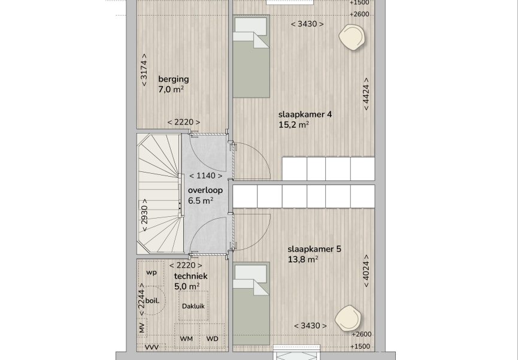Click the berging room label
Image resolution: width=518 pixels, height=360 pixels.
174,79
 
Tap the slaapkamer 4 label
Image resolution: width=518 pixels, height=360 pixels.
305,114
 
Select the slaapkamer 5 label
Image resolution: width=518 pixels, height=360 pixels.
314,249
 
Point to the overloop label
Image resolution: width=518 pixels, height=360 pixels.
205,190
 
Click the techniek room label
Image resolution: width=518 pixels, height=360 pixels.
190,276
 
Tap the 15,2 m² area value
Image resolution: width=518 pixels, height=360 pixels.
293,125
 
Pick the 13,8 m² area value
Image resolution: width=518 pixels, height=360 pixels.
303,259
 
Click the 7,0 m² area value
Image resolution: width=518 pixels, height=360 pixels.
171,90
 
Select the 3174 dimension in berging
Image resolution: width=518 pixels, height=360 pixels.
144,69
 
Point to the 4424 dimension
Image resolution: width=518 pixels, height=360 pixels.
366,94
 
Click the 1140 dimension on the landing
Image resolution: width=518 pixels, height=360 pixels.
206,176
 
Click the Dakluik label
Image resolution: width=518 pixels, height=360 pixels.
193,306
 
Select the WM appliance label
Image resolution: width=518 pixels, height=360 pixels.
187,339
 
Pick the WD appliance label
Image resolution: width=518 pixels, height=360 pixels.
212,339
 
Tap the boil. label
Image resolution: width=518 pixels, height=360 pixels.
152,301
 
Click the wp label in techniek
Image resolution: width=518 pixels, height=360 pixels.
152,273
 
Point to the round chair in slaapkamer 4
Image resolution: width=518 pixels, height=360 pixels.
352,37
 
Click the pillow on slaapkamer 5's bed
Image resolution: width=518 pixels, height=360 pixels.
251,272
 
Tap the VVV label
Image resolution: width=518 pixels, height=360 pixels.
152,347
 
